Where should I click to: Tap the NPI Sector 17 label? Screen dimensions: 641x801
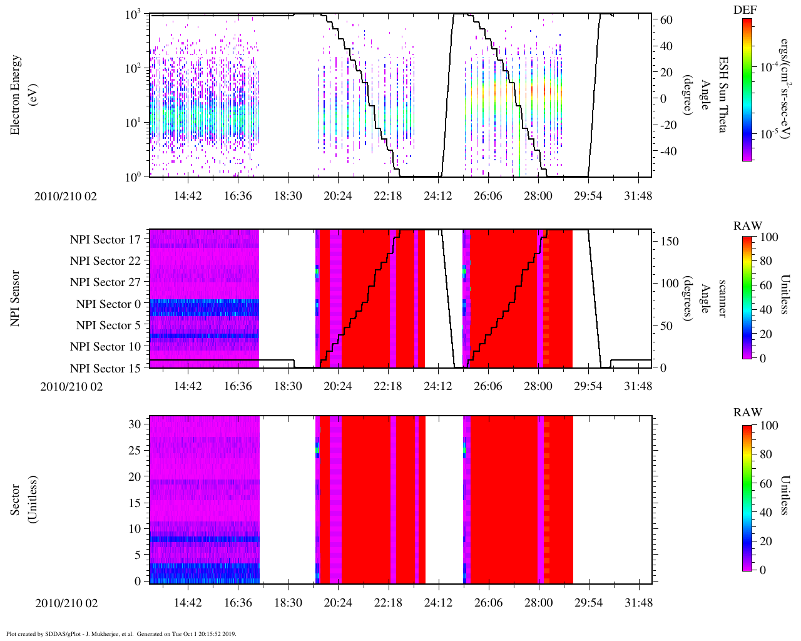105,240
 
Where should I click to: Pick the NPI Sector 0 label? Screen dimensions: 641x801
108,304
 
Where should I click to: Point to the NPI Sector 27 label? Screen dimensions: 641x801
105,282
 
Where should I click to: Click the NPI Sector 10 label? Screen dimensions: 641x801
105,347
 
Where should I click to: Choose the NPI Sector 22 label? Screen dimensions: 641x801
105,261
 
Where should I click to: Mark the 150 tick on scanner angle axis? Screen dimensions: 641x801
670,242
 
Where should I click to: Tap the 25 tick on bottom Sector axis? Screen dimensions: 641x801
135,451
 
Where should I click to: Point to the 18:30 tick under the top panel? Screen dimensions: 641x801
288,196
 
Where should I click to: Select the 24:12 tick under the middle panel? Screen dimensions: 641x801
438,386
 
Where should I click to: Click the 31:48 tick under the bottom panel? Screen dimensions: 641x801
638,603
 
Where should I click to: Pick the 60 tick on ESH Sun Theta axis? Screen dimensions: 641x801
667,20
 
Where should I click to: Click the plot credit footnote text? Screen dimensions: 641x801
121,633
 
